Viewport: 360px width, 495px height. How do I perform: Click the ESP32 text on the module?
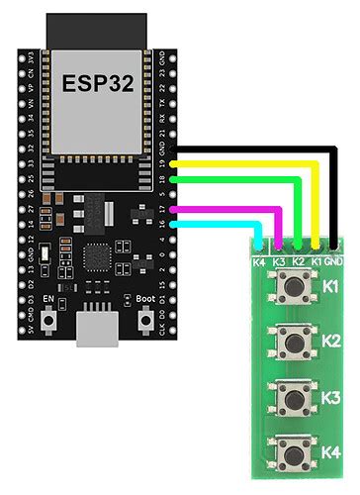(95, 82)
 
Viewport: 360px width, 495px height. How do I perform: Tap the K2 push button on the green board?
(292, 342)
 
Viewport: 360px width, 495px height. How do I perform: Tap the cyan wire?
(218, 224)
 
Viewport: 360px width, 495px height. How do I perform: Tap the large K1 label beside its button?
(330, 288)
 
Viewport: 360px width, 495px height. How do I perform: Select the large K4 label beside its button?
(330, 452)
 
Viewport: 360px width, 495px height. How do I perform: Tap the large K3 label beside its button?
(330, 398)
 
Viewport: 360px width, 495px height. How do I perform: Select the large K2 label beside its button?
(330, 342)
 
